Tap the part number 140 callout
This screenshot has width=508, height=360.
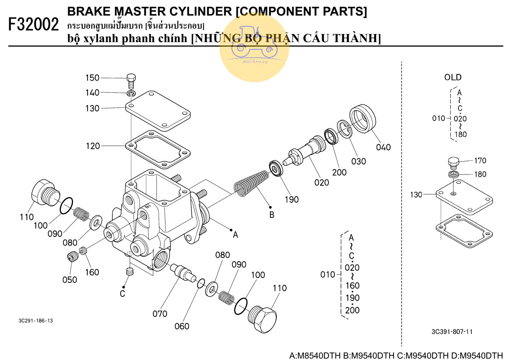[x=92, y=93]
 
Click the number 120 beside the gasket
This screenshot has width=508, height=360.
[x=93, y=146]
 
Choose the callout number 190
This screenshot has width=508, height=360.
[x=292, y=200]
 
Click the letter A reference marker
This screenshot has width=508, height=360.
[x=235, y=235]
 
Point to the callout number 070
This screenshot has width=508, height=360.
[x=160, y=314]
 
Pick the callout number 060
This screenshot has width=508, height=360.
[x=182, y=326]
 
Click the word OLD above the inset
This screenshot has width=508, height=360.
[x=453, y=77]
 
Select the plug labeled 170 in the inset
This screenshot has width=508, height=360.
[x=453, y=162]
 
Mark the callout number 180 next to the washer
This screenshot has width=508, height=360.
[x=480, y=174]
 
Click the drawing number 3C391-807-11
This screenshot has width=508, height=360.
[x=452, y=332]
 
